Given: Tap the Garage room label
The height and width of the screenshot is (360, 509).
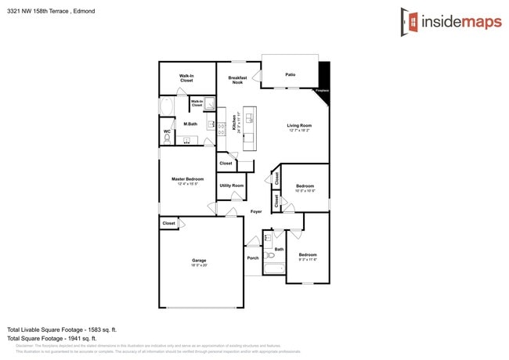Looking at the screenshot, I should tap(199, 261).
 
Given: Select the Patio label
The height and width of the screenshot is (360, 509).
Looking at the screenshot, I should tap(290, 74).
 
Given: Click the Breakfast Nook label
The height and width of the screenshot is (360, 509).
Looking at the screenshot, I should tap(237, 80).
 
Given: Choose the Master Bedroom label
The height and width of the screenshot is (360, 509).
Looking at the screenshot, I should tap(188, 179).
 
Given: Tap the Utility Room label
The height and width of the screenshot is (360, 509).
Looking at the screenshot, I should tap(231, 185).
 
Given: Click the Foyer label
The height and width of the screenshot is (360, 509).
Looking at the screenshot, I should tap(256, 211).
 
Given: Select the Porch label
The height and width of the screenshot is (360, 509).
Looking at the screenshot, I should tap(253, 257).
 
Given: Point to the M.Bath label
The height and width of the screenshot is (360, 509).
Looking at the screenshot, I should tap(190, 124).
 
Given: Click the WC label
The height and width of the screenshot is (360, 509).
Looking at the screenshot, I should tap(167, 131).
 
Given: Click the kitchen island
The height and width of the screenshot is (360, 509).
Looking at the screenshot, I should tap(249, 128).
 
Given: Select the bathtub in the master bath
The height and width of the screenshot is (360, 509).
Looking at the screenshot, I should tap(167, 108).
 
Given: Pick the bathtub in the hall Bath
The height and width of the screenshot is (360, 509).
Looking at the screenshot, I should tap(275, 268).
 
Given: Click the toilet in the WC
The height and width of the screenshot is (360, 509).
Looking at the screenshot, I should tap(167, 139).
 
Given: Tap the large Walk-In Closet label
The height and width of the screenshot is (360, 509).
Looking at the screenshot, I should tap(186, 78).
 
